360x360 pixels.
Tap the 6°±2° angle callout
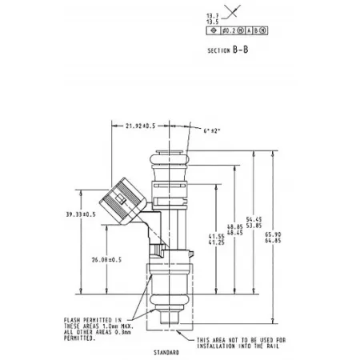coord(214,130)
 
